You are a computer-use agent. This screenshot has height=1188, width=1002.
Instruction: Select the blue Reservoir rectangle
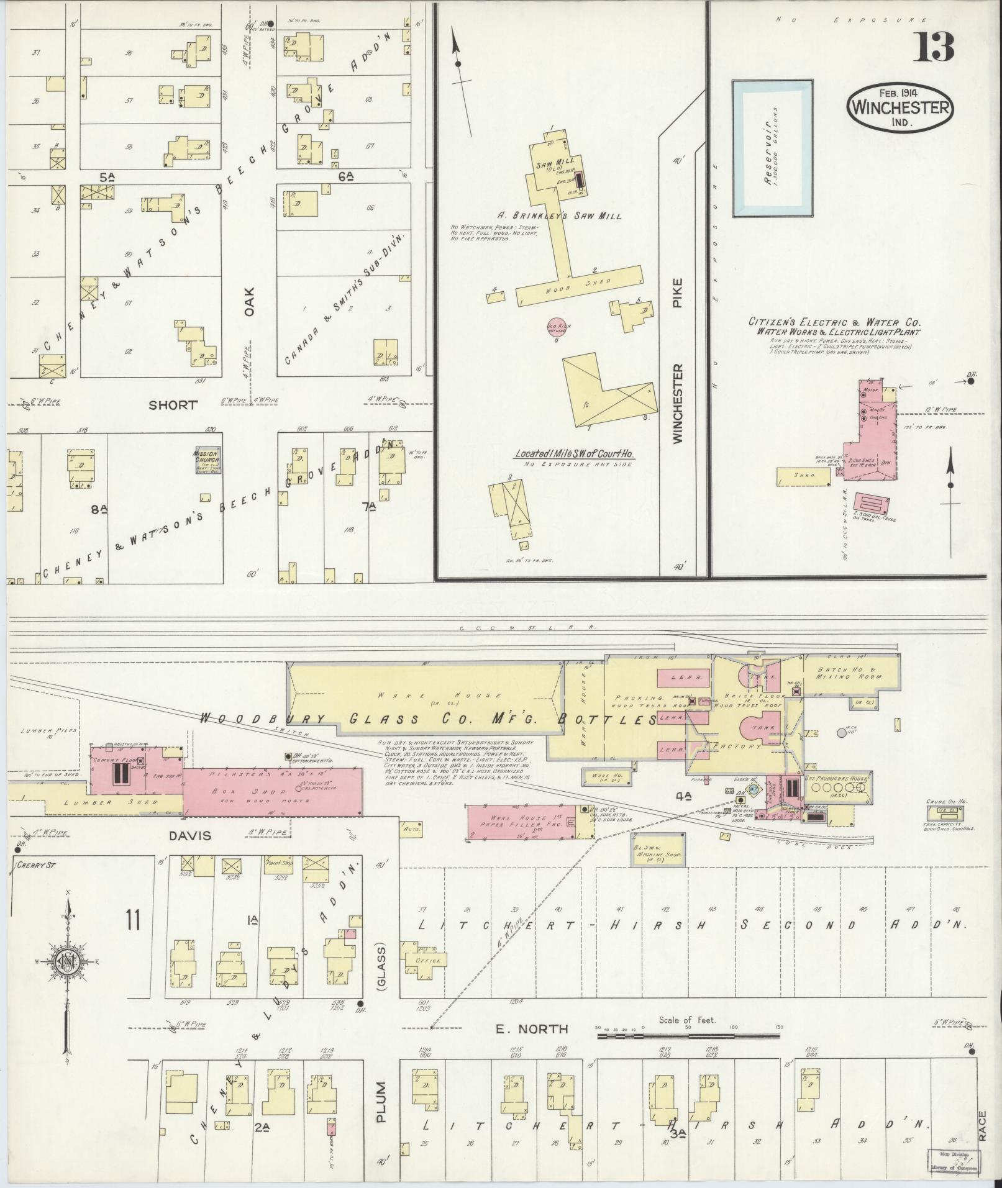click(772, 148)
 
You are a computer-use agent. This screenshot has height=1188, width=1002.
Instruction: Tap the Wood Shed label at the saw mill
click(578, 284)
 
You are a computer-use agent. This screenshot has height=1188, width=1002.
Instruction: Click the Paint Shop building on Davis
click(278, 865)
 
